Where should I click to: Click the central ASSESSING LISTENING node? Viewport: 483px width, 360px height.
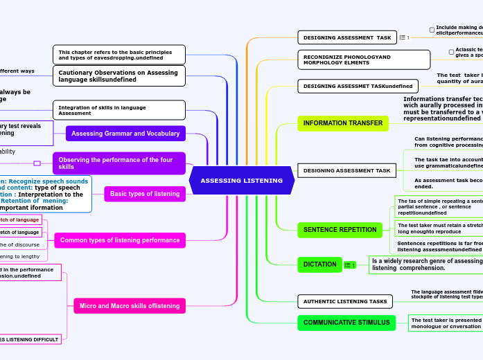click(x=241, y=181)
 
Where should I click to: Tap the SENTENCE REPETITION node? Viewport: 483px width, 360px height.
click(x=340, y=230)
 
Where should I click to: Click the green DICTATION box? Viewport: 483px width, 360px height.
click(x=319, y=264)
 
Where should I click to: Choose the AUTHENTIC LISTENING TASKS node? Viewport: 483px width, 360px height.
click(x=344, y=301)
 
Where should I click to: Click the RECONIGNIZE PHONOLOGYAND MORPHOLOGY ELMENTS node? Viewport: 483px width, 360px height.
click(x=363, y=60)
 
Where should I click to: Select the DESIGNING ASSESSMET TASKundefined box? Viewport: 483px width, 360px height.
click(x=358, y=87)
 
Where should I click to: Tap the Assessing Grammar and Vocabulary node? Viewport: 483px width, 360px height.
click(x=125, y=134)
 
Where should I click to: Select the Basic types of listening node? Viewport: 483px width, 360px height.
click(x=144, y=194)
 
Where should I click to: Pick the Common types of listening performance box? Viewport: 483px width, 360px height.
click(x=119, y=240)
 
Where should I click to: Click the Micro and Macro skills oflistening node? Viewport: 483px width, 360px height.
click(x=129, y=305)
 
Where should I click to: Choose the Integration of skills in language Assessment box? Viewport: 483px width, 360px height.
click(x=118, y=110)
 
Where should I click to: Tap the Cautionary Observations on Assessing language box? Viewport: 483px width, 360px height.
click(x=118, y=75)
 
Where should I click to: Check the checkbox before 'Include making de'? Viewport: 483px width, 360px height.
click(x=432, y=30)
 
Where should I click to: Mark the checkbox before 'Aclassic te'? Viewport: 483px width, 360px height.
click(x=451, y=52)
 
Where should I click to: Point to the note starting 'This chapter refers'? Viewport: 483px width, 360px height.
click(x=118, y=55)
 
